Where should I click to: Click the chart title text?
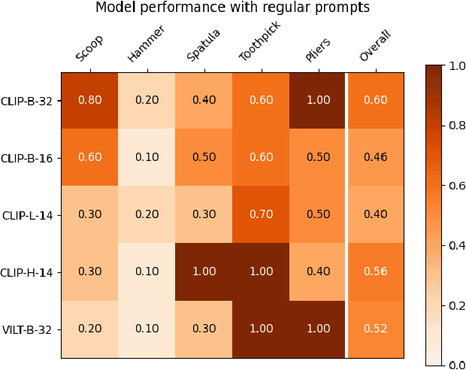point(232,8)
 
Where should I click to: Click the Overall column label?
point(374,47)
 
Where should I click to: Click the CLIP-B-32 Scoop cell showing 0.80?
point(89,100)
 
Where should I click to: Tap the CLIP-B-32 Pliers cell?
point(318,100)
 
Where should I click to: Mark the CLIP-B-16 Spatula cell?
point(204,157)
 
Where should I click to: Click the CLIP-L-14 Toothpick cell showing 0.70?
point(261,214)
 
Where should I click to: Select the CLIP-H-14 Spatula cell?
point(204,271)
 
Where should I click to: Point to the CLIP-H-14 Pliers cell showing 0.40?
point(318,271)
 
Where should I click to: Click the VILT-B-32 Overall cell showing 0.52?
point(375,329)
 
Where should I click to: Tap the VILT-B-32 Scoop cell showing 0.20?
point(89,329)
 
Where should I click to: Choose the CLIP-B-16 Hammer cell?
point(147,157)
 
